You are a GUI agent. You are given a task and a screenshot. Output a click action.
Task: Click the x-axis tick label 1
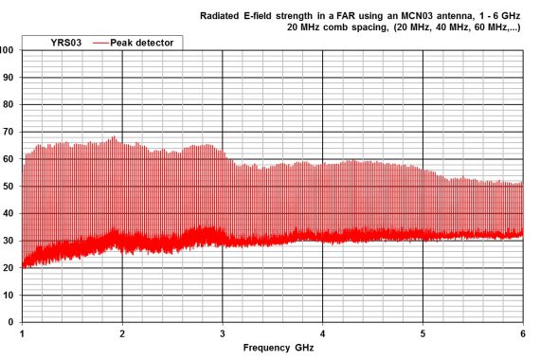pos(22,334)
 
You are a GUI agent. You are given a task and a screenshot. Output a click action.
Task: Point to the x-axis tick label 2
pos(122,334)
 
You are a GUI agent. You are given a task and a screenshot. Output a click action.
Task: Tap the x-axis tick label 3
pos(223,334)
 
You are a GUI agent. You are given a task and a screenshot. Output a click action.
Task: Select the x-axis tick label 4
pos(323,334)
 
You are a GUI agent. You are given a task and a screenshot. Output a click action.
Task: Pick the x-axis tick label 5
pos(423,334)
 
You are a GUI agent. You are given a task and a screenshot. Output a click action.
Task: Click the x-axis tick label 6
pos(523,334)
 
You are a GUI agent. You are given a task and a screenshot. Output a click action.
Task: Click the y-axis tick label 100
pos(8,50)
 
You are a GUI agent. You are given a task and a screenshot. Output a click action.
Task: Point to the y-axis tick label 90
pos(9,78)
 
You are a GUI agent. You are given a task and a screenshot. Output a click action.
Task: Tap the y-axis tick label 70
pos(9,133)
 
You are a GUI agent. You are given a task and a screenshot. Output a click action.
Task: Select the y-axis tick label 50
pos(9,187)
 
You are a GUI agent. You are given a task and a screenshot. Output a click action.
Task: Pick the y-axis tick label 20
pos(9,268)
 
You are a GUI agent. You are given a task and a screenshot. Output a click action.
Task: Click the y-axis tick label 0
pos(11,323)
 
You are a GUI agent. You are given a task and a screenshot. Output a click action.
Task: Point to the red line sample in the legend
pos(107,43)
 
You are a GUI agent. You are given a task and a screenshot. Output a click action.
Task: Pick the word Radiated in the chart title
pos(224,16)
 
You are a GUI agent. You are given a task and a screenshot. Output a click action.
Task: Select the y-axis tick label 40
pos(9,214)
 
